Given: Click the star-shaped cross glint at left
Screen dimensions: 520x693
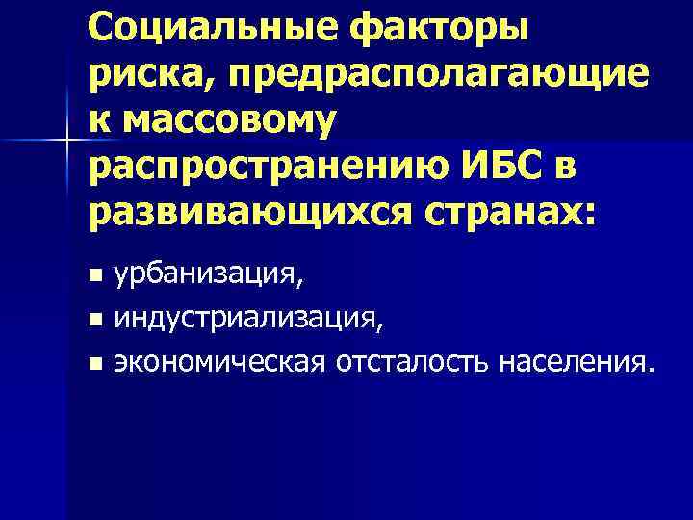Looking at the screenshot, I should [67, 141].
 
